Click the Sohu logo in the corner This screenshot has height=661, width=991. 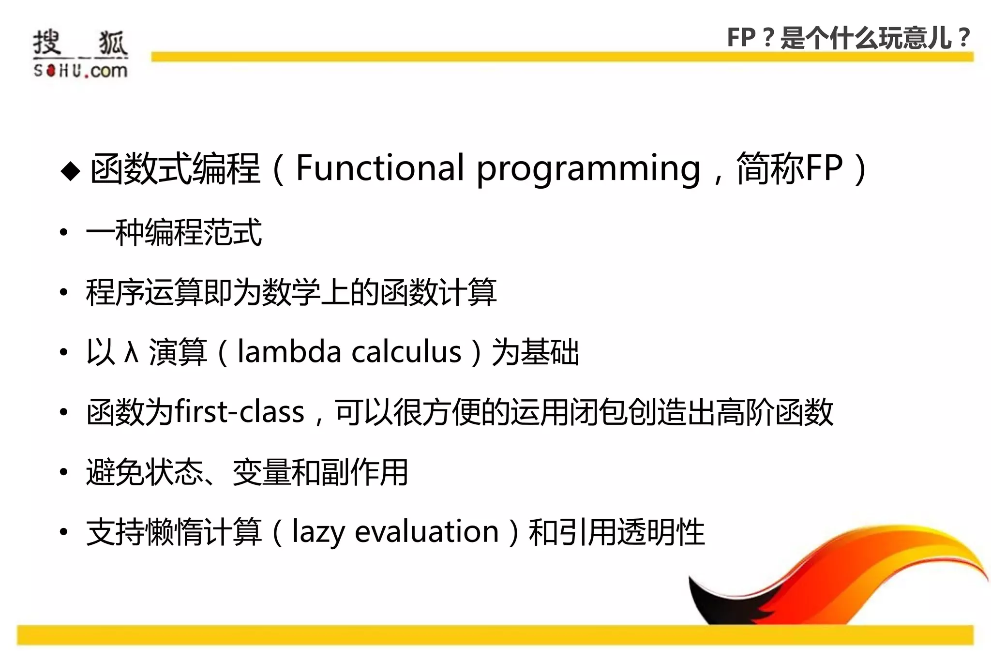80,53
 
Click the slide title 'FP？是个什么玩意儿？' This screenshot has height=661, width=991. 849,38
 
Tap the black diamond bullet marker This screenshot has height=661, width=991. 71,171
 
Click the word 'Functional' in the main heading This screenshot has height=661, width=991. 379,168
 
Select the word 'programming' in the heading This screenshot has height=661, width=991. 588,169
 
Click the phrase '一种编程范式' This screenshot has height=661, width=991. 174,233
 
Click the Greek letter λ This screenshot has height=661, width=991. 132,352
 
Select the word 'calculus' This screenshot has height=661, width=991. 406,351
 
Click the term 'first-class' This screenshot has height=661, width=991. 239,412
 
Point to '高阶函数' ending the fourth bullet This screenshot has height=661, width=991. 774,412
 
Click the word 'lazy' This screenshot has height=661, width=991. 318,532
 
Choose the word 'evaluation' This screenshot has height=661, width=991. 426,531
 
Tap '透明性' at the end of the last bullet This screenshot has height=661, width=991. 675,532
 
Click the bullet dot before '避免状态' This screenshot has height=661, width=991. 63,472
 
